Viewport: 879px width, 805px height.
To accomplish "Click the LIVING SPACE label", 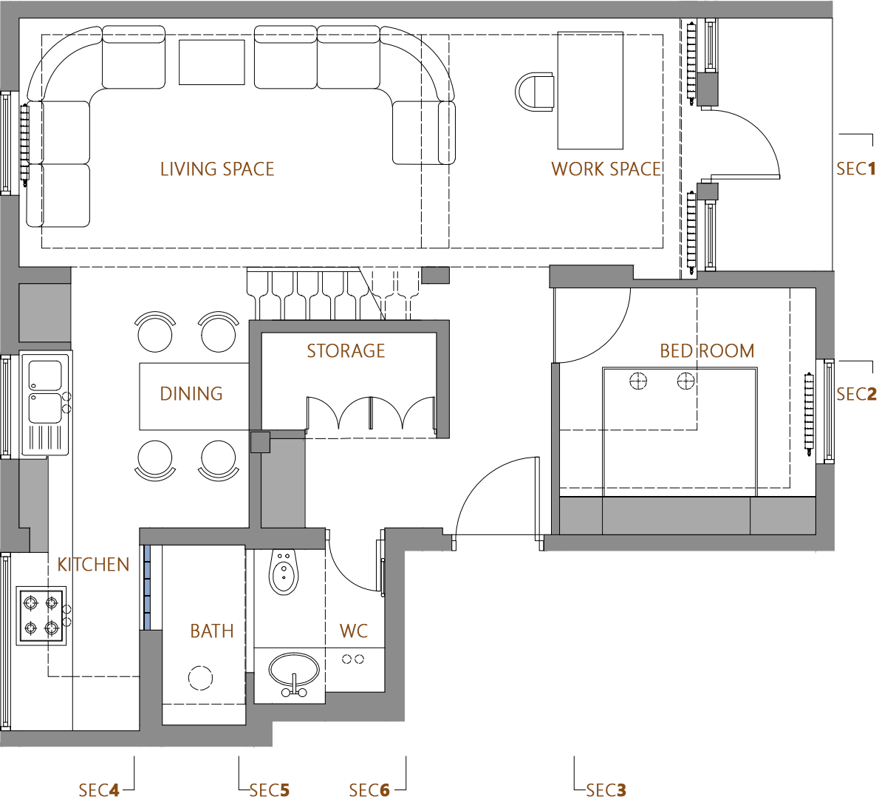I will [217, 169].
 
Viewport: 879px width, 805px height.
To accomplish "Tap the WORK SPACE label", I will [606, 169].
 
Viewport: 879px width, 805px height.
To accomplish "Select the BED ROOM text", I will [707, 351].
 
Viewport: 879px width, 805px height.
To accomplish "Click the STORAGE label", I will [346, 351].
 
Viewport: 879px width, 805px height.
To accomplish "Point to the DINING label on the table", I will [191, 394].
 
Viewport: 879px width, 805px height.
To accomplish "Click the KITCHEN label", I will [93, 565].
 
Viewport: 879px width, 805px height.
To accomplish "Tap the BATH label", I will [212, 631].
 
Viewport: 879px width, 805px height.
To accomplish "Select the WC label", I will [354, 631].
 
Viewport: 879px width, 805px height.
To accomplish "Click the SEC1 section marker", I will [855, 169].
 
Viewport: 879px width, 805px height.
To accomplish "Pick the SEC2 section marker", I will [855, 395].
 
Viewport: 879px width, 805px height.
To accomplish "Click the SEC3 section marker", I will [606, 791].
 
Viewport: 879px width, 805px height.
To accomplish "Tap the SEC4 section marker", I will [99, 791].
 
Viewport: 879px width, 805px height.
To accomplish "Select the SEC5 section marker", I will [270, 791].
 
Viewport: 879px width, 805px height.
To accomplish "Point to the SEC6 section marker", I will [369, 791].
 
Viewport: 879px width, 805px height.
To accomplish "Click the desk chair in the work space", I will [535, 92].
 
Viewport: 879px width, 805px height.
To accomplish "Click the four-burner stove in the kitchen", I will [41, 617].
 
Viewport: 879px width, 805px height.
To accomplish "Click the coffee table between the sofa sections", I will [212, 62].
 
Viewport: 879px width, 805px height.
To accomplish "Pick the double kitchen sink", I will [45, 392].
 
